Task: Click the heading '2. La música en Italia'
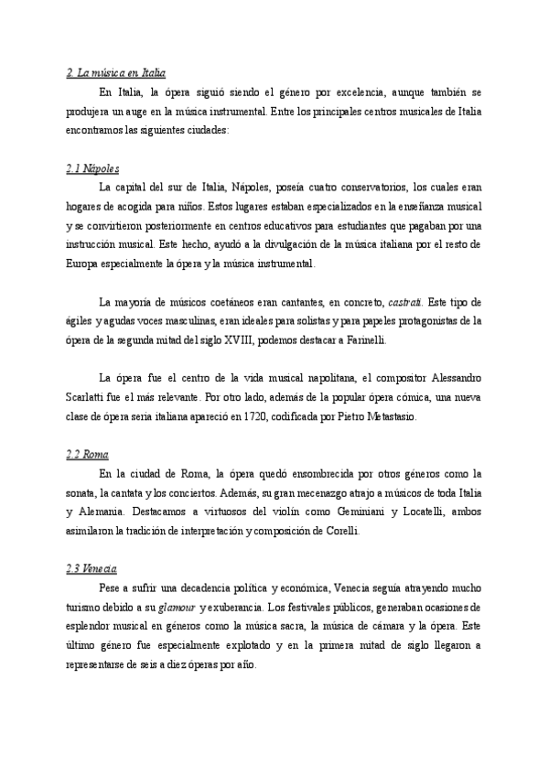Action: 116,72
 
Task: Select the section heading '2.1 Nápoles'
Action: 93,169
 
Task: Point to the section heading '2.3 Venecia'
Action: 92,567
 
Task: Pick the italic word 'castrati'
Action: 408,302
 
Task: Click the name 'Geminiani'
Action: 355,512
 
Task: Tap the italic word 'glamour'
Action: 178,607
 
